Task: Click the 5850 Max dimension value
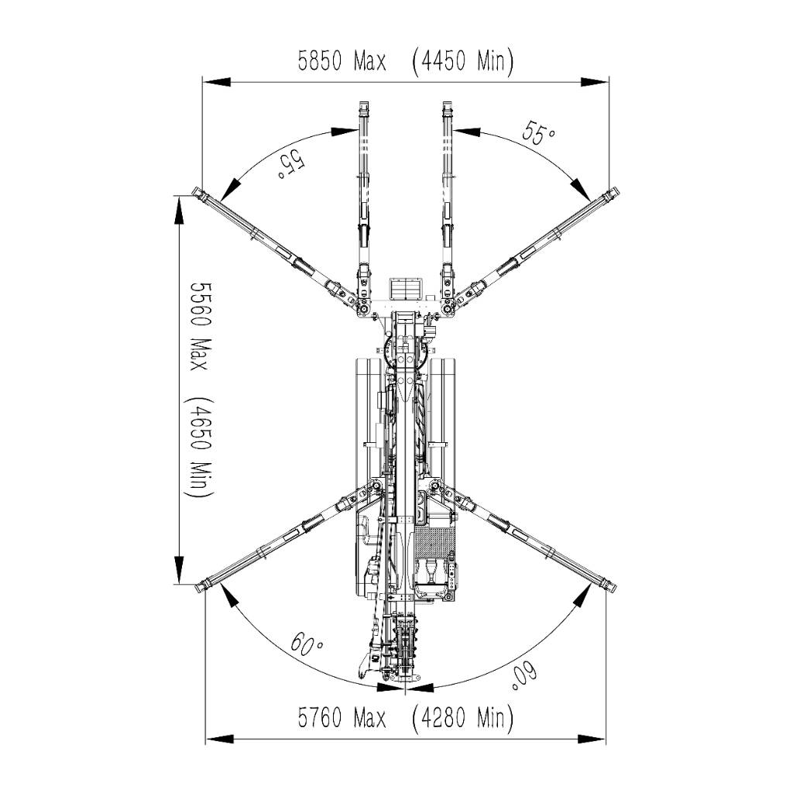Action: (342, 60)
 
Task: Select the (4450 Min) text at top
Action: (463, 60)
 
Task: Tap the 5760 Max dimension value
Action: (342, 717)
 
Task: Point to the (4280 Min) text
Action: (463, 717)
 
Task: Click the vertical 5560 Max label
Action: (199, 326)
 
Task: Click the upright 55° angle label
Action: (539, 132)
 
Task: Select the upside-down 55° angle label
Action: (290, 164)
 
